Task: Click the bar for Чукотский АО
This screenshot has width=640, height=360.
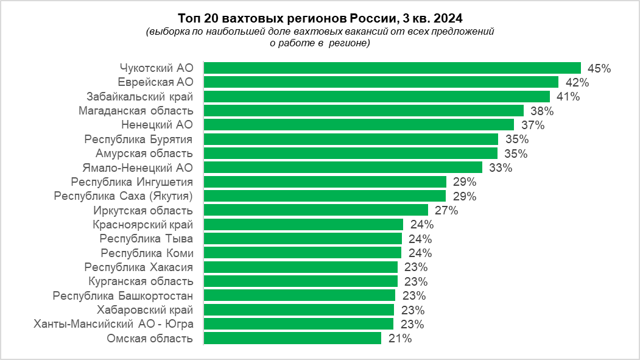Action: [392, 68]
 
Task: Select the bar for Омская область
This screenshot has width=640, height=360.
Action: [292, 338]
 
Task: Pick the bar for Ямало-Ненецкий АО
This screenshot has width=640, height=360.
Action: [343, 167]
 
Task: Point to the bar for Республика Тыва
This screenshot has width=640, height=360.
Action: [303, 238]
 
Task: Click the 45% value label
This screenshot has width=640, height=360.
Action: [599, 68]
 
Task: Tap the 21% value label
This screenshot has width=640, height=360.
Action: [399, 339]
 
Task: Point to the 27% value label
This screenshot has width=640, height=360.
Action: [446, 211]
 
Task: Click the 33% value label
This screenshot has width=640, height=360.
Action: [501, 168]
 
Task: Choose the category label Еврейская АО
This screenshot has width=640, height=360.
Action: [155, 82]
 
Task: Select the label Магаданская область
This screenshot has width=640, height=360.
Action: [136, 110]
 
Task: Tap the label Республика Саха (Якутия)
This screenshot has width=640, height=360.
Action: [123, 196]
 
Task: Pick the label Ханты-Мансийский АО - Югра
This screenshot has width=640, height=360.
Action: [114, 323]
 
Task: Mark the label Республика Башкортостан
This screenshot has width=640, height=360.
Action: [123, 295]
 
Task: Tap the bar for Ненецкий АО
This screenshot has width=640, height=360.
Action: [359, 125]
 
